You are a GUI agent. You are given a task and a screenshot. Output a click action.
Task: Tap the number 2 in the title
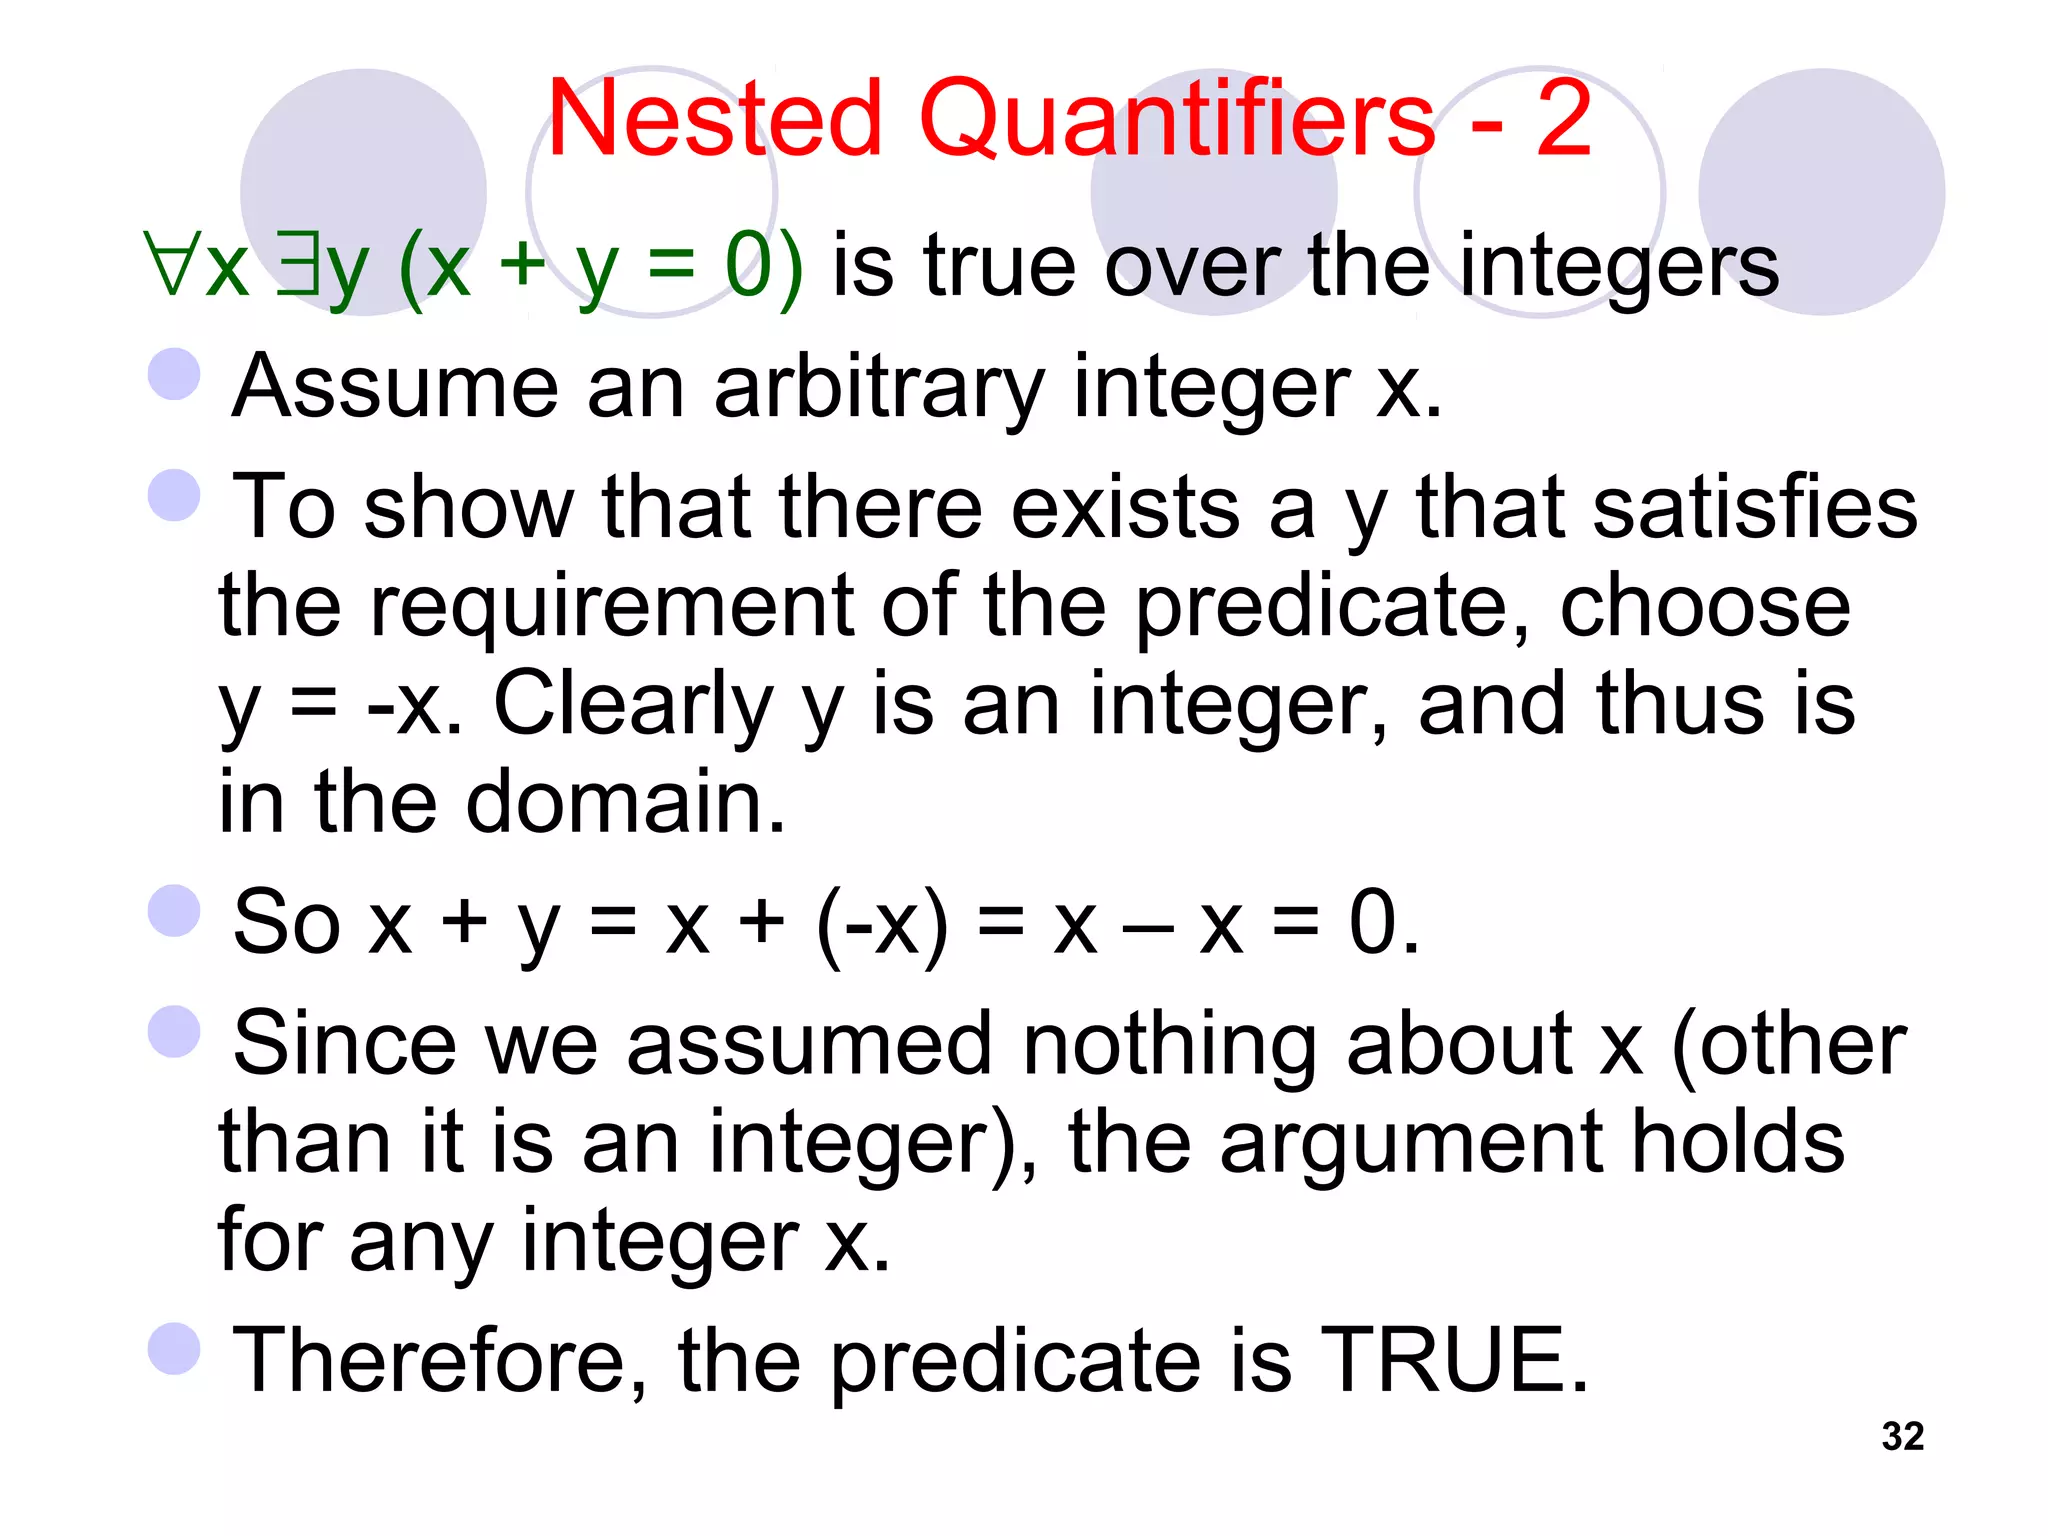tap(1563, 119)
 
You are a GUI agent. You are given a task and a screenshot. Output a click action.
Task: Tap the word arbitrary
tap(879, 390)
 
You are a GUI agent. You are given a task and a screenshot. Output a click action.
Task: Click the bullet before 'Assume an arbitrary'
tap(175, 375)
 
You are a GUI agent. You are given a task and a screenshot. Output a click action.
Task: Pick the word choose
tap(1704, 606)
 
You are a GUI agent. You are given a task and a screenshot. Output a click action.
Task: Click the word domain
tap(625, 802)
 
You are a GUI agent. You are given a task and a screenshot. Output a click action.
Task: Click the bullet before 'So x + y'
tap(175, 911)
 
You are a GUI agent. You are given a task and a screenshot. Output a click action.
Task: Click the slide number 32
tap(1902, 1437)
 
